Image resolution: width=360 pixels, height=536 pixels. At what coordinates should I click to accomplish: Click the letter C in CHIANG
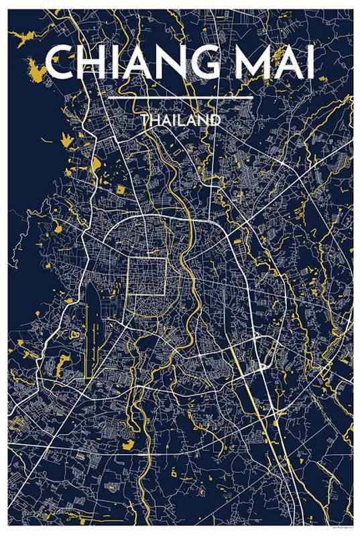[x=60, y=64]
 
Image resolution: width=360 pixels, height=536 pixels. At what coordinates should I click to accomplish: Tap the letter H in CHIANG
[x=93, y=64]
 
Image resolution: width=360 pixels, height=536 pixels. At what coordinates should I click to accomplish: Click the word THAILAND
[x=180, y=121]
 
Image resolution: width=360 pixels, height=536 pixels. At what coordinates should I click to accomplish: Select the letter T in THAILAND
[x=144, y=121]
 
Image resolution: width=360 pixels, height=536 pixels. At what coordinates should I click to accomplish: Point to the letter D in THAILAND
[x=215, y=121]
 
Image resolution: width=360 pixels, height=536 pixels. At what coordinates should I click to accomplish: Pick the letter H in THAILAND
[x=154, y=121]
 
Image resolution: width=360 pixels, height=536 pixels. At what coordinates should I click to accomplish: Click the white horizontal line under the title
[x=180, y=98]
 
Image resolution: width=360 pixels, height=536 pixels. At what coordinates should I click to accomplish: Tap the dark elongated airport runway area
[x=93, y=315]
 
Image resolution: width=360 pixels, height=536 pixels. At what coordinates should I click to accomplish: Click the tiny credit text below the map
[x=339, y=529]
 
